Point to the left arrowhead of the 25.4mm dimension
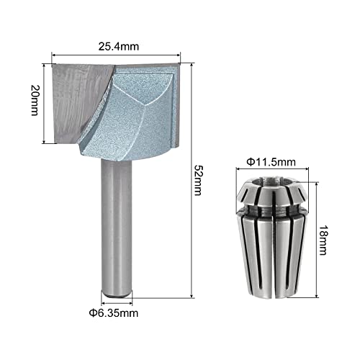coord(54,53)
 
